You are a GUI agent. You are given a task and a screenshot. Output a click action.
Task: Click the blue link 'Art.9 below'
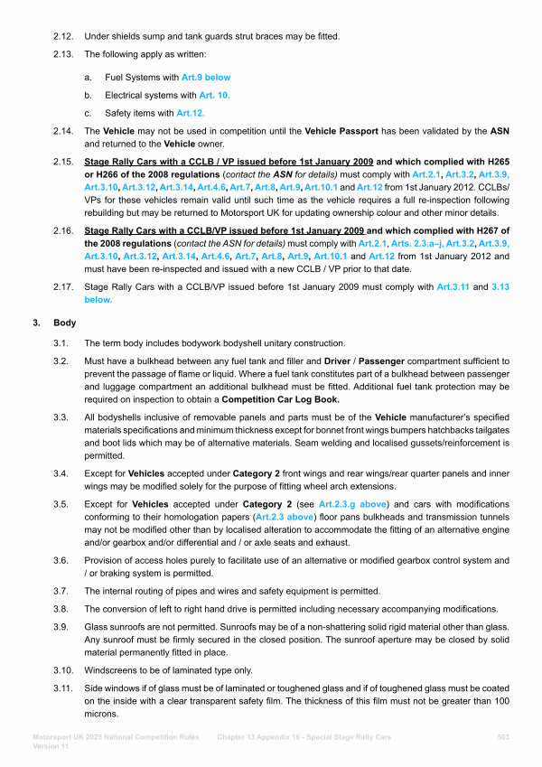(x=206, y=79)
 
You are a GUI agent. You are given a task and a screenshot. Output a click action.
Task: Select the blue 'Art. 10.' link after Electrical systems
(x=211, y=95)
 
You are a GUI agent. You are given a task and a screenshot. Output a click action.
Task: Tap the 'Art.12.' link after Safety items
(x=192, y=112)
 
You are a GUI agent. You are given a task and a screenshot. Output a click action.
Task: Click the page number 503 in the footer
(x=504, y=737)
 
